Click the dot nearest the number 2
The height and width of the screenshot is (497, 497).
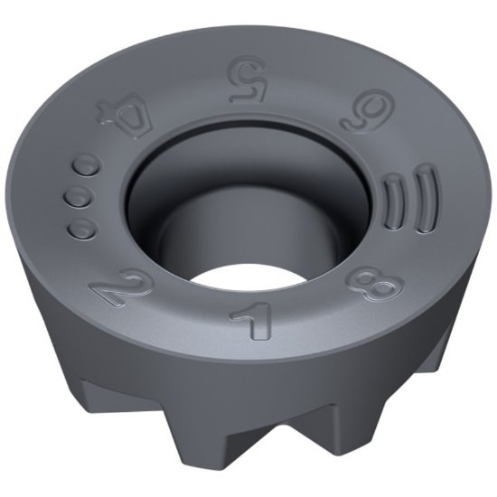(x=81, y=228)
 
